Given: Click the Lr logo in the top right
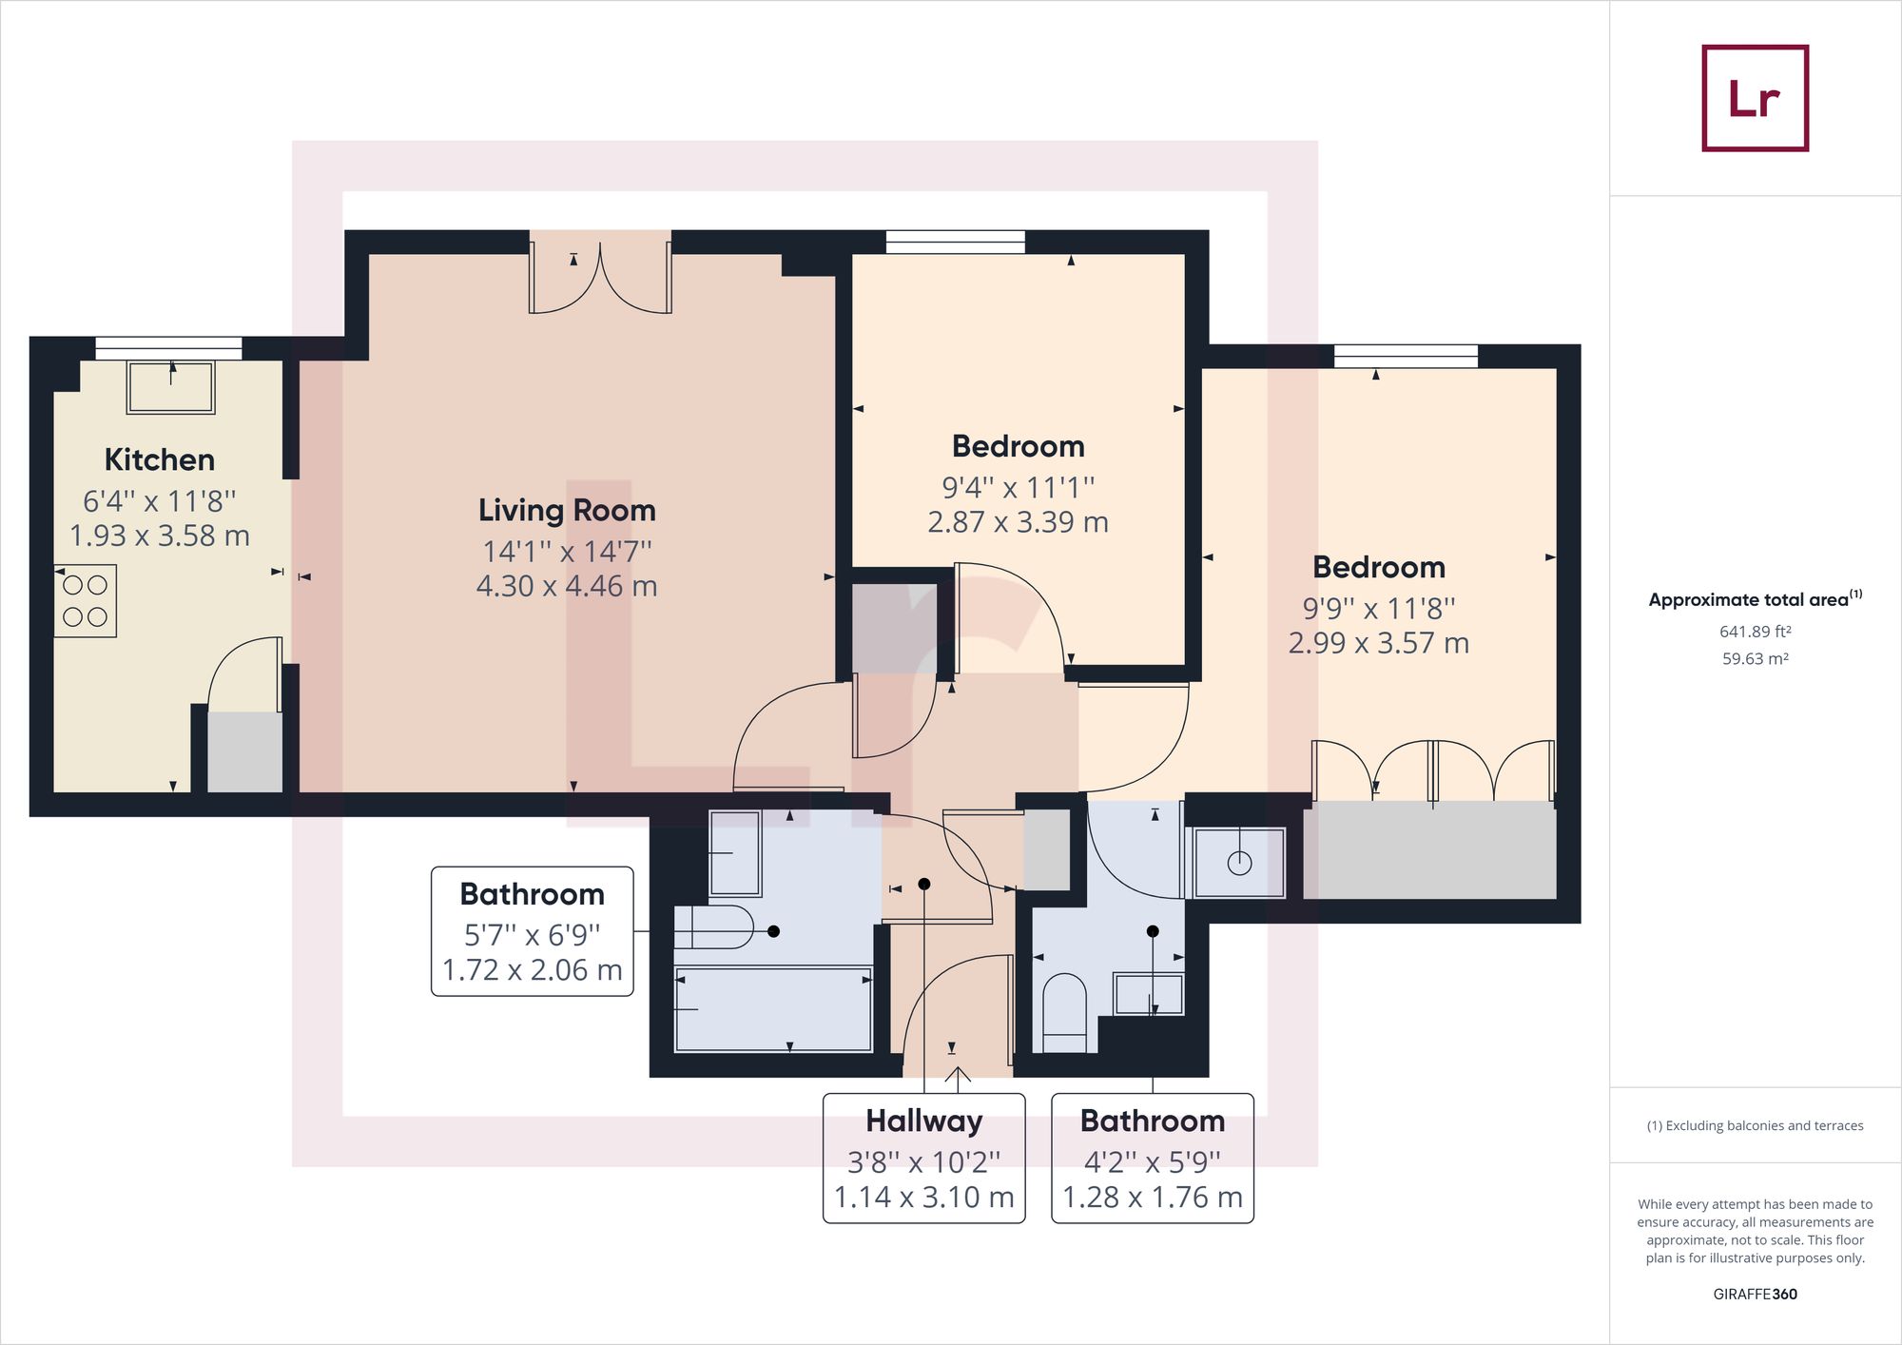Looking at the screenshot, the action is [1755, 98].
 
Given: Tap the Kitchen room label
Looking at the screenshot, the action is [160, 460].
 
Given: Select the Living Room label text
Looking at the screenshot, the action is [567, 511].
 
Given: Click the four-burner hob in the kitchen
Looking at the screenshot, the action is [86, 601].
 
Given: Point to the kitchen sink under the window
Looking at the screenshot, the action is [171, 387].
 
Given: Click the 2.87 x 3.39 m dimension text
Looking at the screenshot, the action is [1019, 522].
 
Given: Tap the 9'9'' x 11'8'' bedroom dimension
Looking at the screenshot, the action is [1379, 608].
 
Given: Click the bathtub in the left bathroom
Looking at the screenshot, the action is [773, 1009].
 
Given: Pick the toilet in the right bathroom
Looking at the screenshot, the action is [1065, 1012].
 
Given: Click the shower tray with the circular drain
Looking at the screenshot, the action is [1240, 863].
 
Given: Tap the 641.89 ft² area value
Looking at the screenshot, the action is [1756, 632].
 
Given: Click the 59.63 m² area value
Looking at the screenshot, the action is [1756, 659].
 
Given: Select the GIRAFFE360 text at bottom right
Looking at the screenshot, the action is [1756, 1294].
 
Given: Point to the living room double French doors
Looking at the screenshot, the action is [600, 276].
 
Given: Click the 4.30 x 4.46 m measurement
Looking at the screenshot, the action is [567, 586].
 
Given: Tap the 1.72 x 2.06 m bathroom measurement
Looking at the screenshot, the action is [533, 970].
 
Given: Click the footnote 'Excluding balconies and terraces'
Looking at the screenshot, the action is [1756, 1126].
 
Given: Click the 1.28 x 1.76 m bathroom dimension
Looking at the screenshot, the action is [1153, 1198].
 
